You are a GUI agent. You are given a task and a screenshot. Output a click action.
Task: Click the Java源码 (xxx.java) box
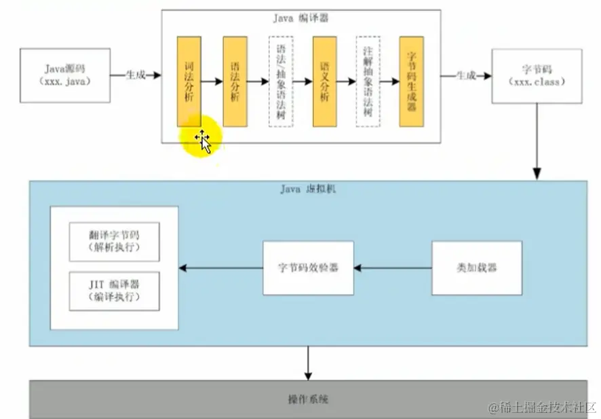(65, 75)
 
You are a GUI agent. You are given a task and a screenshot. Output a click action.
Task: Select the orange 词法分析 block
(189, 80)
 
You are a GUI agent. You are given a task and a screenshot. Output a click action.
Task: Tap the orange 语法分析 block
(235, 80)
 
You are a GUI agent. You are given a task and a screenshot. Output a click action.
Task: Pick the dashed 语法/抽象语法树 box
(281, 81)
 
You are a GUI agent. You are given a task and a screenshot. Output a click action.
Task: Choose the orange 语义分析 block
(324, 81)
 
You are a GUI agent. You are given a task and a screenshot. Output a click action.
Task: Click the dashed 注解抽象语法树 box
(368, 81)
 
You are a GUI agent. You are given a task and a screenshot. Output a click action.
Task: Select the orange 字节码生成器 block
(411, 81)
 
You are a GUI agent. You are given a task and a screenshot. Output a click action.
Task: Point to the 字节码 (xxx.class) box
(536, 75)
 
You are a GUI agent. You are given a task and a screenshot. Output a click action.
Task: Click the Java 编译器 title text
(300, 18)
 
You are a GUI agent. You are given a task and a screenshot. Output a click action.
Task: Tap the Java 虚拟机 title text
(307, 189)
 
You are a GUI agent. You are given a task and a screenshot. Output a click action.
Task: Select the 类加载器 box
(476, 268)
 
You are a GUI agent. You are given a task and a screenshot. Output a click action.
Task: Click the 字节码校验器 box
(308, 268)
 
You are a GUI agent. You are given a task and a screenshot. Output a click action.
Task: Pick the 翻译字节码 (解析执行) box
(114, 241)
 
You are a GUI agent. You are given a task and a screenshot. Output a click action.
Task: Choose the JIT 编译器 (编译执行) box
(114, 291)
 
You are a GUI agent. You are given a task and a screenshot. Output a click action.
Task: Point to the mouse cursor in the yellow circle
(202, 139)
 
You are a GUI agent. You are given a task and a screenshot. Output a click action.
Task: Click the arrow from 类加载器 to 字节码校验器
(392, 268)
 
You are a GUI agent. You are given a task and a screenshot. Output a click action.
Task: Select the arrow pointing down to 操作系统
(308, 363)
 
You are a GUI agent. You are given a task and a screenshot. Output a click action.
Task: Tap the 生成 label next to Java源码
(136, 75)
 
